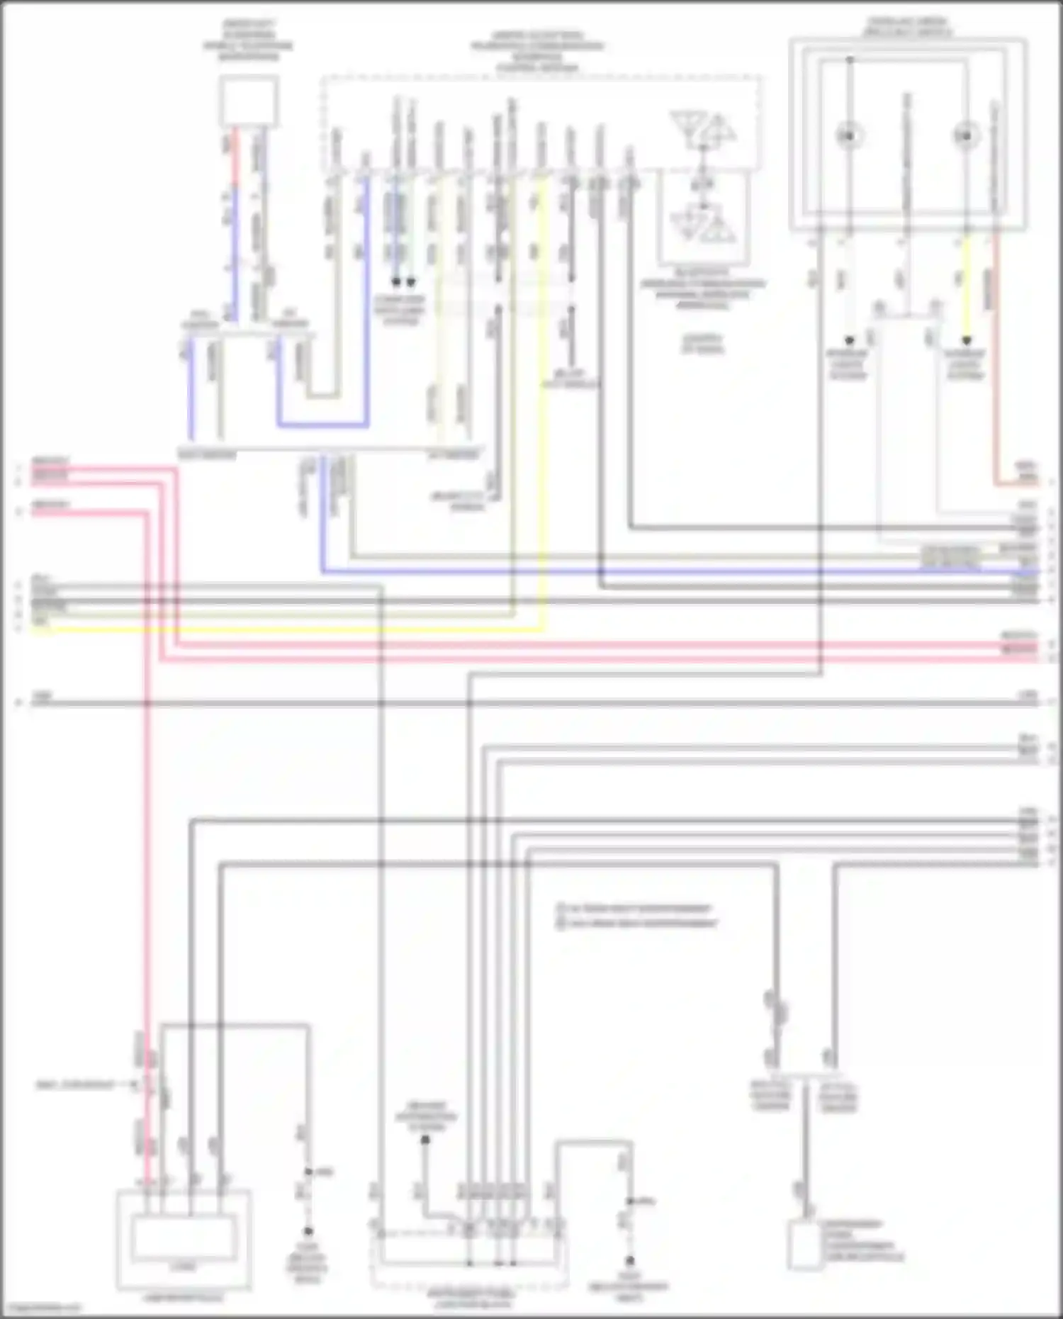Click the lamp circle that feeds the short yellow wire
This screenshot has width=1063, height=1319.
[x=965, y=135]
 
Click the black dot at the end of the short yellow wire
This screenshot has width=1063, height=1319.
[x=966, y=341]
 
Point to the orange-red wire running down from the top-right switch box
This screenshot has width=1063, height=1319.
[x=995, y=354]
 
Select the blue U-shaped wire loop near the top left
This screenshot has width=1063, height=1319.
[x=322, y=425]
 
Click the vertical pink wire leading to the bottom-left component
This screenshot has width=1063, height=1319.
[x=147, y=851]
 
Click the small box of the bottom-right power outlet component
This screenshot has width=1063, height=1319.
[x=803, y=1245]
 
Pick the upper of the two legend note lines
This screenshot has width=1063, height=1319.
[x=634, y=908]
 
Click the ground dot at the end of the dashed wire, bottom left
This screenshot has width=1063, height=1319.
[x=308, y=1233]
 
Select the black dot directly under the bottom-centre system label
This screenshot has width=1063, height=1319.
[x=425, y=1140]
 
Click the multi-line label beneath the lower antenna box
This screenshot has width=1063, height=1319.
[x=703, y=294]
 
